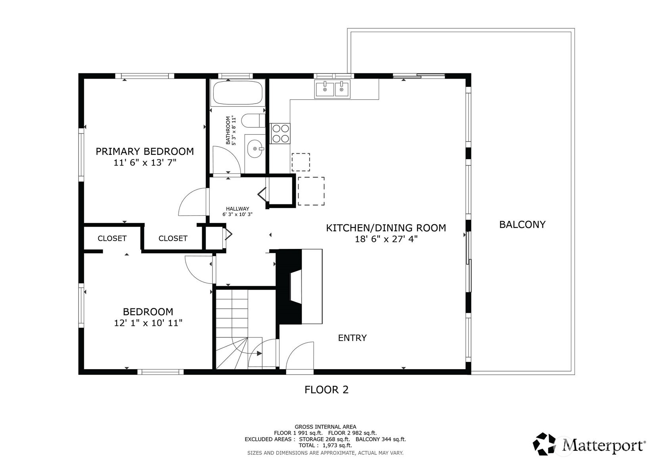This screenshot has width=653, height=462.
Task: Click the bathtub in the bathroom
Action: (x=238, y=93)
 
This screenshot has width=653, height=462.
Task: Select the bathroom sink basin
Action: (x=254, y=149)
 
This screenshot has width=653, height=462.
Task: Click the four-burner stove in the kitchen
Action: (x=280, y=133)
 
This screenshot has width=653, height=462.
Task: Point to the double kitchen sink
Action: (x=332, y=89)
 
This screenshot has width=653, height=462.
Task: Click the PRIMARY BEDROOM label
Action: (x=145, y=151)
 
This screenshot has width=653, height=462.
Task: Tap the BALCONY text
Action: (x=522, y=225)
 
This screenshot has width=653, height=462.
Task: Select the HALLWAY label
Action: (x=237, y=209)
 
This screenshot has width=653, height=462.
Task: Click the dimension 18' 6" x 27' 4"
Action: (x=386, y=239)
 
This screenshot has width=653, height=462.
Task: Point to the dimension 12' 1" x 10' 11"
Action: (x=148, y=323)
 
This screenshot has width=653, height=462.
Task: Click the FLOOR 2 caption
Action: (x=326, y=390)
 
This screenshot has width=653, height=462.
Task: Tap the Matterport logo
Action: (x=588, y=444)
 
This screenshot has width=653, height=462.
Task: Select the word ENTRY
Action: (x=352, y=338)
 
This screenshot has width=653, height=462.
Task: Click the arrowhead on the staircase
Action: (x=259, y=353)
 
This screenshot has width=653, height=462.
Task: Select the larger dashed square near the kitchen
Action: (x=311, y=191)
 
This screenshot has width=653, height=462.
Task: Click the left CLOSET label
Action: (x=112, y=238)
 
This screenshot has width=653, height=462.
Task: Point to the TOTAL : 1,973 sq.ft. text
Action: (x=325, y=445)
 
